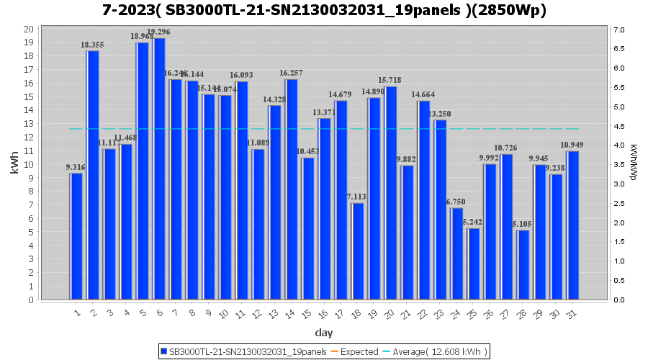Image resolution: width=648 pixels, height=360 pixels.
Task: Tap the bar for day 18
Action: pos(357,251)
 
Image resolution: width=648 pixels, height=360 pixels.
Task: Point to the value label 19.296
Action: pos(159,32)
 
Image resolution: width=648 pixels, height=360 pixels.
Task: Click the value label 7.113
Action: pos(357,197)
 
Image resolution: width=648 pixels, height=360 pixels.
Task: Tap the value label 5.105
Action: pos(523,224)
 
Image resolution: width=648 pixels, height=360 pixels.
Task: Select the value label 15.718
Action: pos(390,80)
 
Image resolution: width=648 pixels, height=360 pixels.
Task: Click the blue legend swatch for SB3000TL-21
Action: pos(164,351)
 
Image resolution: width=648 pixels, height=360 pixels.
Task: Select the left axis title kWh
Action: pos(14,163)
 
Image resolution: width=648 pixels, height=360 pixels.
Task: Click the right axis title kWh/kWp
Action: pos(634,163)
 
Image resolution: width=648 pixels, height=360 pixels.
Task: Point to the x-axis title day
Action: pos(324,333)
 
